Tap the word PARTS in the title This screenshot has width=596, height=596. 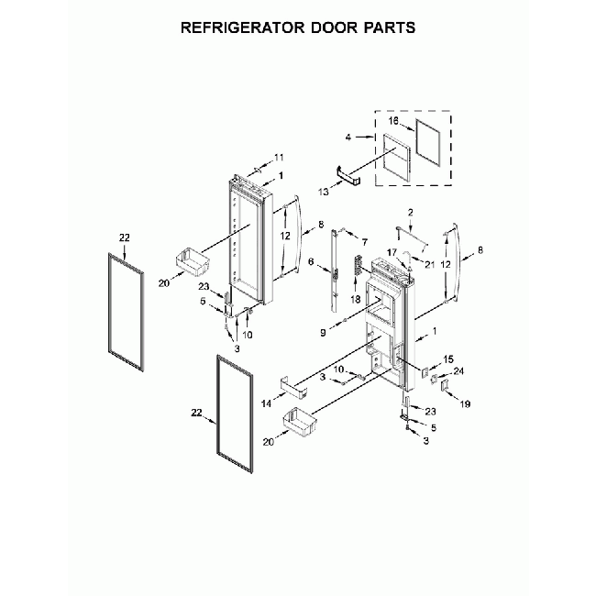pyautogui.click(x=385, y=27)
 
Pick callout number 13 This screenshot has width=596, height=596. pyautogui.click(x=324, y=192)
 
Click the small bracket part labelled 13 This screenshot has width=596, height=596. pyautogui.click(x=348, y=176)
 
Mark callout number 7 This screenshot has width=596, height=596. pyautogui.click(x=364, y=241)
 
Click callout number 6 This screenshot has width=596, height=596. pyautogui.click(x=312, y=263)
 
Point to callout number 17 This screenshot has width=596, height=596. pyautogui.click(x=390, y=252)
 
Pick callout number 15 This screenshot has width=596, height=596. pyautogui.click(x=448, y=359)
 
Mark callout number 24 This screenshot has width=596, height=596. pyautogui.click(x=459, y=371)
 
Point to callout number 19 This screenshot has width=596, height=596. pyautogui.click(x=463, y=403)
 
